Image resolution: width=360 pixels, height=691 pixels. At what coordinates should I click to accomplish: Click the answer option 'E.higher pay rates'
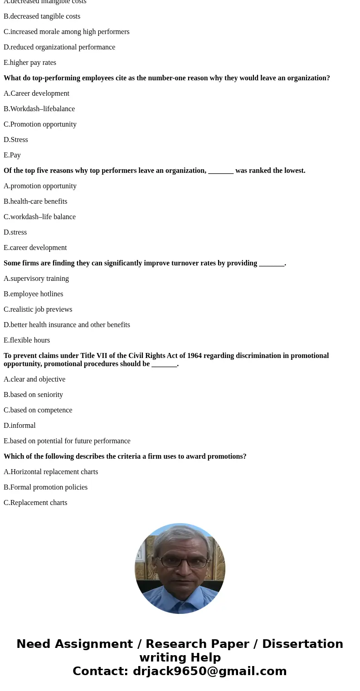coord(30,63)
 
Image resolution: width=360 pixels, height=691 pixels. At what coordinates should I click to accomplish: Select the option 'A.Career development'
coord(36,93)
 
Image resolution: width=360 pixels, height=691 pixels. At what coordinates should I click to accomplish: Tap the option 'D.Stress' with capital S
coord(16,140)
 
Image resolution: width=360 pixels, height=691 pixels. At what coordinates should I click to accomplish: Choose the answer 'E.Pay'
coord(12,155)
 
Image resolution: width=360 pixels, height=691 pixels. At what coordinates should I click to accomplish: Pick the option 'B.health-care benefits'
coord(35,201)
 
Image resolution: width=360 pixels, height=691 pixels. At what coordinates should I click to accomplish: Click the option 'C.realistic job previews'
coord(38,309)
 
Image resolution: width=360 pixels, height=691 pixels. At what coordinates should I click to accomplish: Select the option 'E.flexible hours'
coord(27,340)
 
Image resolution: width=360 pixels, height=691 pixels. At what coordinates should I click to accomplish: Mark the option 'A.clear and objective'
coord(34,379)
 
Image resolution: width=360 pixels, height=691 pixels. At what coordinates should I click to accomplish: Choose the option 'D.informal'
coord(19,426)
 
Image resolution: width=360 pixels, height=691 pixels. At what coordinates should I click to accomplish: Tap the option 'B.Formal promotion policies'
coord(45,487)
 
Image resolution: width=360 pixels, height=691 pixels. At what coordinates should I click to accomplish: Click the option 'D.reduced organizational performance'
coord(59,47)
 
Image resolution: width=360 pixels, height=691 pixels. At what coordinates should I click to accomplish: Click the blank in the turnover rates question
coord(271,264)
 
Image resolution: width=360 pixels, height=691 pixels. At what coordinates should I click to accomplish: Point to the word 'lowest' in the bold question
coord(293,171)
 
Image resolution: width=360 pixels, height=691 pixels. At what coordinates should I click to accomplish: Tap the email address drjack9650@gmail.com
coord(209,671)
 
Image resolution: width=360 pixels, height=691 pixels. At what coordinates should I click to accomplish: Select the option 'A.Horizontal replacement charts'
coord(51,472)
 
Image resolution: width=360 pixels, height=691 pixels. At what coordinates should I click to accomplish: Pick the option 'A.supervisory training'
coord(36,279)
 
